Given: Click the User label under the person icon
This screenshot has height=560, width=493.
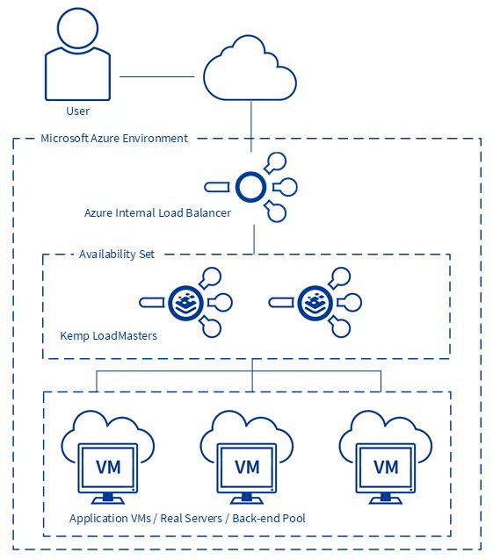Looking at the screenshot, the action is coord(77,111).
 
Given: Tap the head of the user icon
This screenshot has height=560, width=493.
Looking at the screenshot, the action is coord(77,28).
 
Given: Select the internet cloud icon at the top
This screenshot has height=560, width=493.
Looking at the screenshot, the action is coord(250,68).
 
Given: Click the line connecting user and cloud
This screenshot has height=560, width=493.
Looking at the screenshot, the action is coord(156,76).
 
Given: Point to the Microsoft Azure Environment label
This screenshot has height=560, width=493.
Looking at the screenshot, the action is coord(114,138).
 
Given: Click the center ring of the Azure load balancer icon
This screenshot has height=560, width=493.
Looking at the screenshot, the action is coord(250,187).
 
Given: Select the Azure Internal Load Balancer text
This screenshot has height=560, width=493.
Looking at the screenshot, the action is coord(157,213).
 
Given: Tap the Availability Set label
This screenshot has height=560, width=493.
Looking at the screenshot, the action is coord(117,255).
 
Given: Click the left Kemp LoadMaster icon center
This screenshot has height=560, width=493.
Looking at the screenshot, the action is coord(186,303).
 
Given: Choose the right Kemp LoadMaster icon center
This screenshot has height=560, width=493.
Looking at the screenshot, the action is coord(315,303).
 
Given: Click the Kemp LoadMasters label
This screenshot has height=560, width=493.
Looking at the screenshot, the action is coord(108,335).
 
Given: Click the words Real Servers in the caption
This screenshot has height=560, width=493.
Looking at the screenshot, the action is coord(191,518).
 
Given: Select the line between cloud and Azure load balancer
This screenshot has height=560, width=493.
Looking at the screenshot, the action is coord(251,126).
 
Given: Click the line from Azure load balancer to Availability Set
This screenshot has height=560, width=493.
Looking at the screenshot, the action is coord(254,240).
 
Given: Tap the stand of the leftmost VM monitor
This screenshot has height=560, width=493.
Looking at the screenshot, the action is coord(108,499).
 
